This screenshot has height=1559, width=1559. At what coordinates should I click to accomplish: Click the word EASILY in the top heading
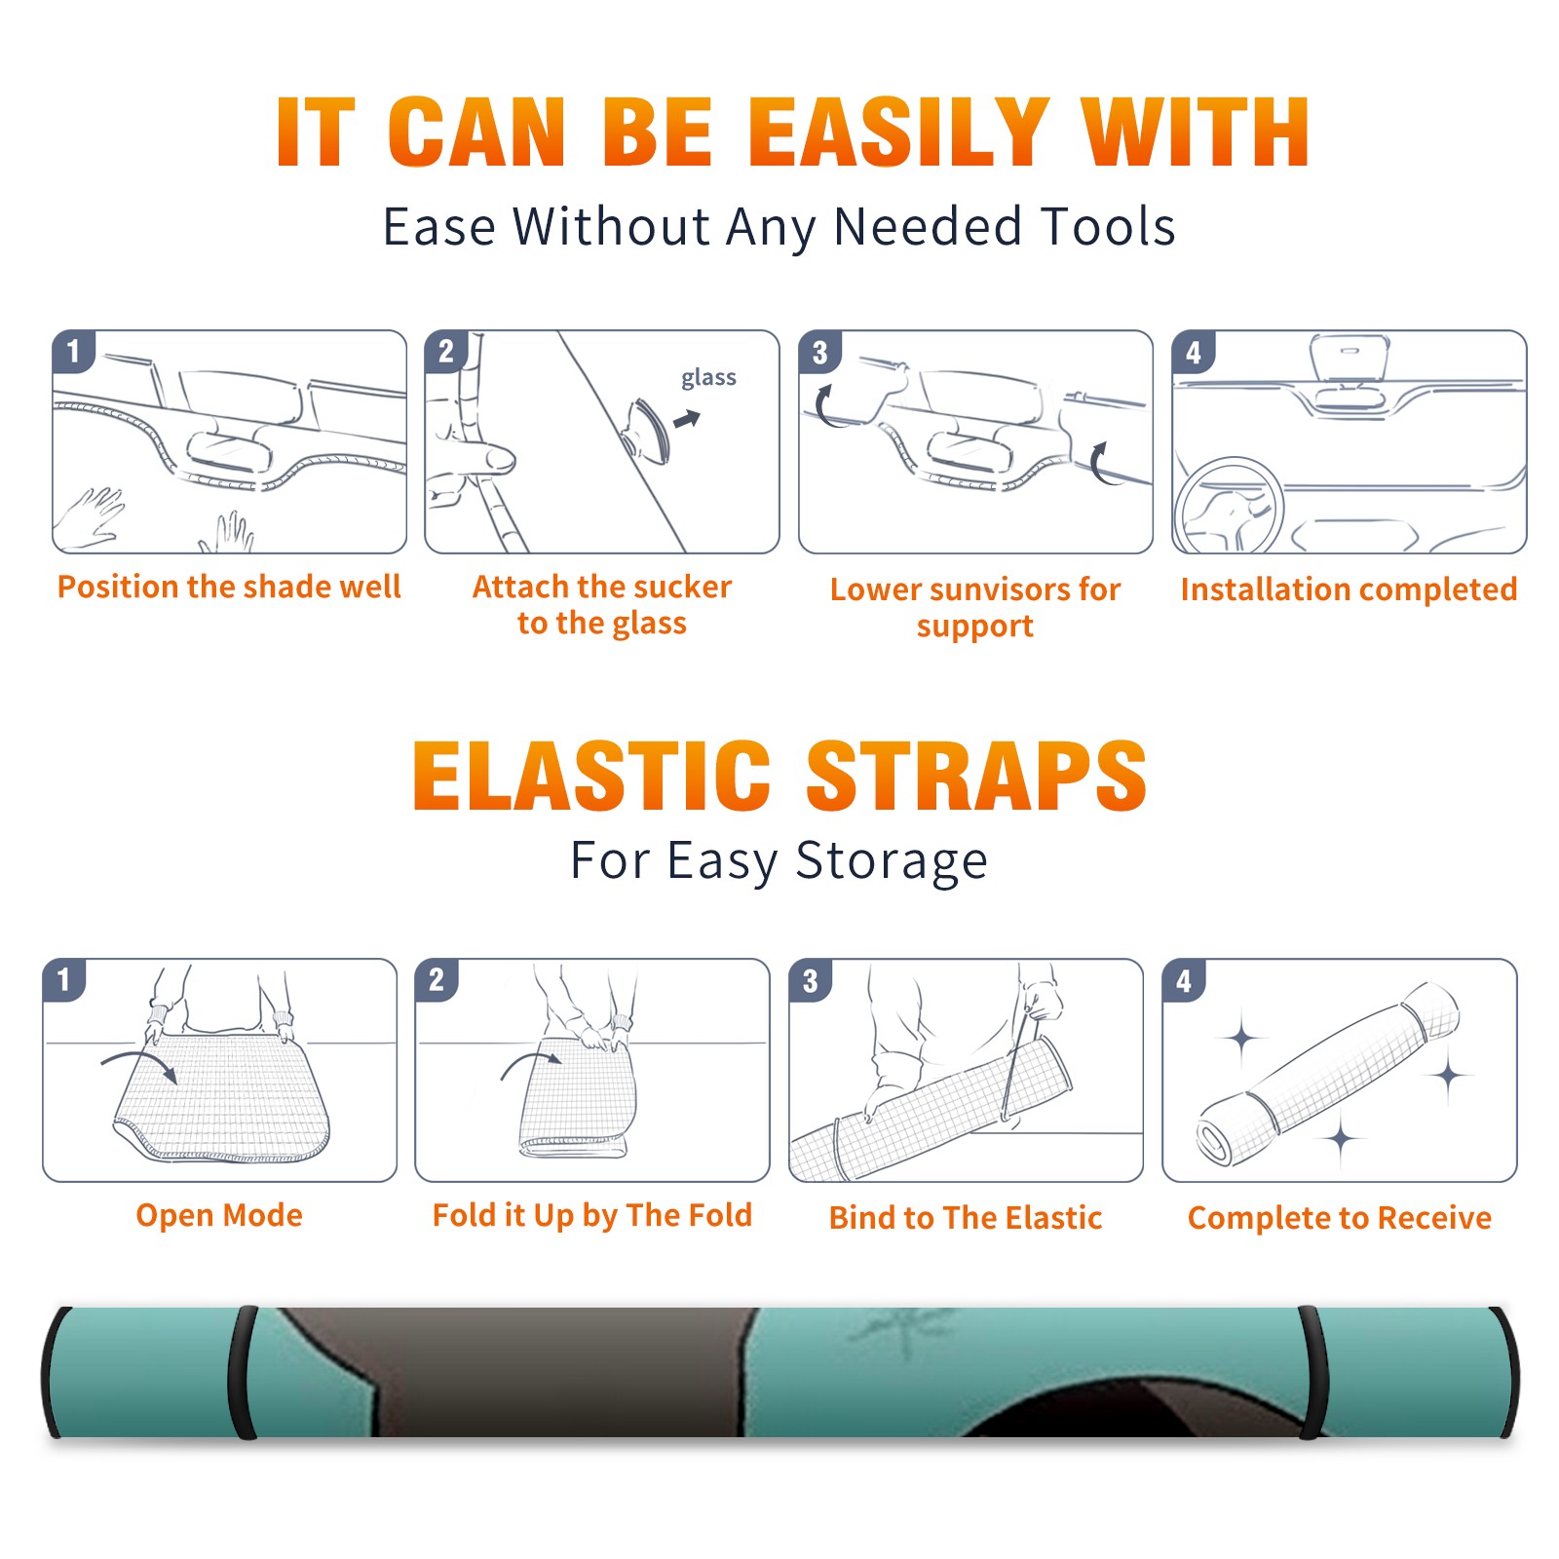pyautogui.click(x=899, y=133)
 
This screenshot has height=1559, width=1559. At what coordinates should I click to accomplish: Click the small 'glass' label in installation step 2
pyautogui.click(x=708, y=378)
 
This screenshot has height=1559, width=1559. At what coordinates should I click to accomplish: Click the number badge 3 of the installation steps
pyautogui.click(x=819, y=352)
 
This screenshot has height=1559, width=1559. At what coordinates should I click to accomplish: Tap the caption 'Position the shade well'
pyautogui.click(x=229, y=587)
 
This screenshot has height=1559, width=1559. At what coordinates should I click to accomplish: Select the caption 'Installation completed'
pyautogui.click(x=1349, y=589)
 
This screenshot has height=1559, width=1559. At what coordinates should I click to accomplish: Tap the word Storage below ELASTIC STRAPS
pyautogui.click(x=892, y=861)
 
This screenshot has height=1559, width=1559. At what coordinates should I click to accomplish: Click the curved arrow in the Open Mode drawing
pyautogui.click(x=139, y=1064)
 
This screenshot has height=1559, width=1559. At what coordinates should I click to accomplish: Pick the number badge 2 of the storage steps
pyautogui.click(x=437, y=980)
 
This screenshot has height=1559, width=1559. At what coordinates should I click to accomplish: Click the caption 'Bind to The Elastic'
pyautogui.click(x=965, y=1218)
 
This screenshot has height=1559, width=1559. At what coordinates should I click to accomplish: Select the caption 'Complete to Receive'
pyautogui.click(x=1340, y=1218)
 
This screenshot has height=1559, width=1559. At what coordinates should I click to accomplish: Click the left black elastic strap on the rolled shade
pyautogui.click(x=244, y=1372)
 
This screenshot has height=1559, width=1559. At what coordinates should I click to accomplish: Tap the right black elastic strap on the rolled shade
pyautogui.click(x=1312, y=1372)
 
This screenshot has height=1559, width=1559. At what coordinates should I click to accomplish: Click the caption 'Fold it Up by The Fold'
pyautogui.click(x=592, y=1216)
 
